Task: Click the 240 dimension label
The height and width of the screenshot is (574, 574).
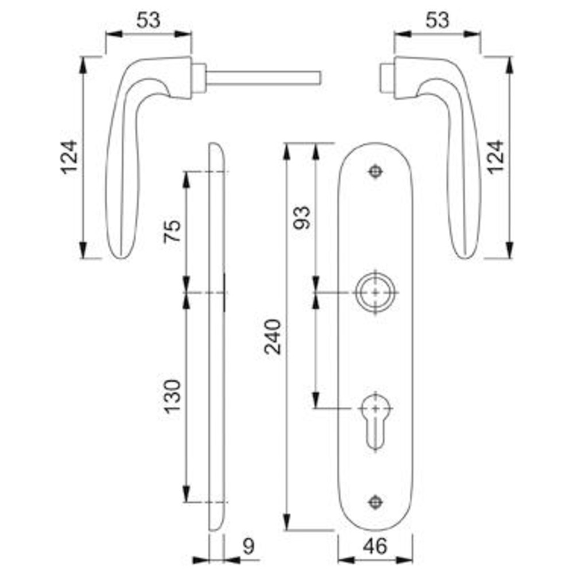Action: (x=273, y=337)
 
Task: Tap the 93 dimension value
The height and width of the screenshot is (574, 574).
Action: (x=302, y=218)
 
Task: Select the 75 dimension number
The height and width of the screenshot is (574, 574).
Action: (x=172, y=231)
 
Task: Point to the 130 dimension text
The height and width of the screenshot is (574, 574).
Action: (x=172, y=397)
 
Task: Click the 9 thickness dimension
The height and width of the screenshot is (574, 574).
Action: (x=248, y=547)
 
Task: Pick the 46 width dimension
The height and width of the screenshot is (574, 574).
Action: (x=375, y=547)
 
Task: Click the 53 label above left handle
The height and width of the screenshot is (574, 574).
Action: (x=148, y=20)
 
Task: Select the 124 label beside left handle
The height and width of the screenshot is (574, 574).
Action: (x=69, y=157)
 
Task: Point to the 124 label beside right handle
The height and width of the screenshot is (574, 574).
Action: (x=495, y=157)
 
